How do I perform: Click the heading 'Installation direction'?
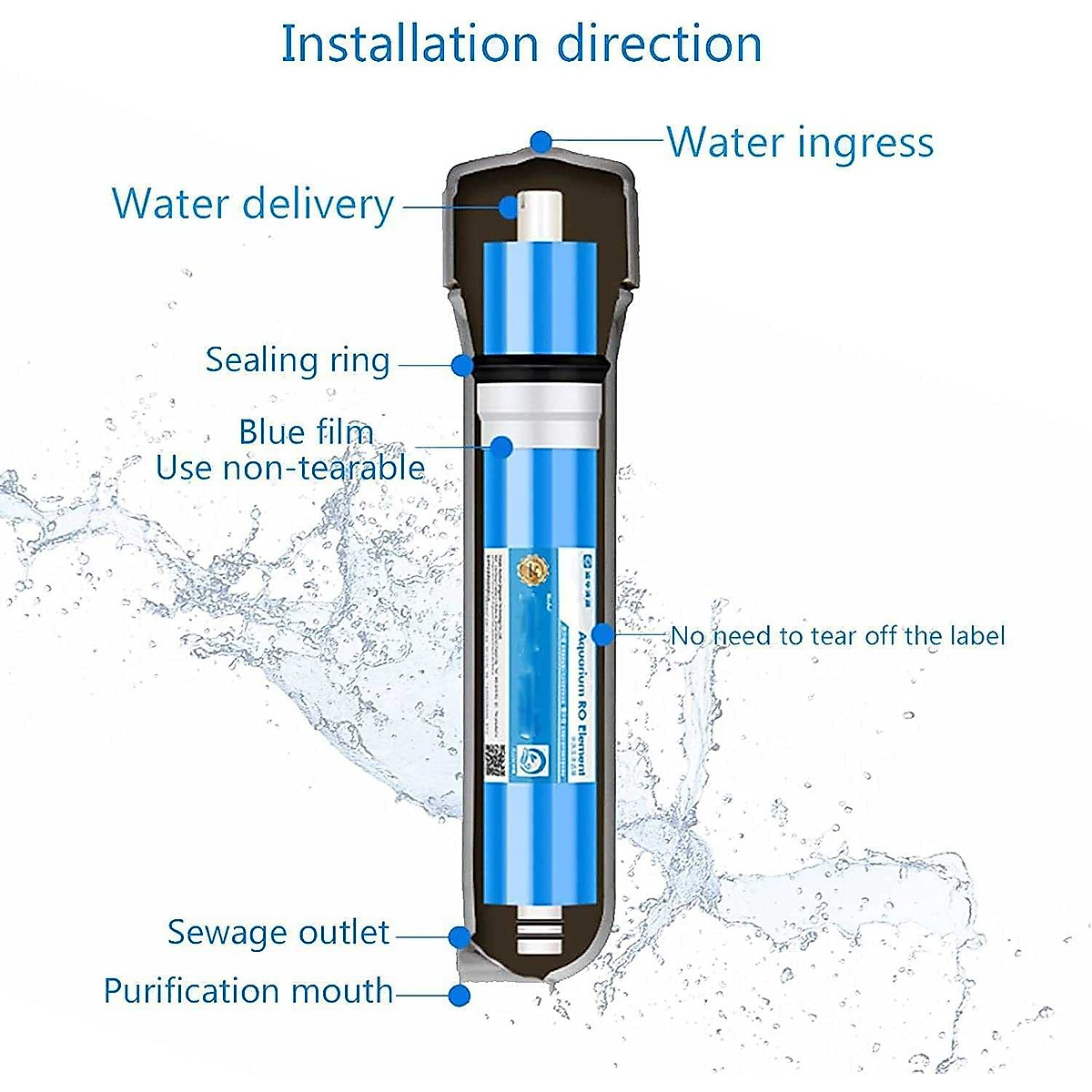click(x=521, y=44)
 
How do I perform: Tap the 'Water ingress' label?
click(x=800, y=142)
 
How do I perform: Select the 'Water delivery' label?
click(x=252, y=203)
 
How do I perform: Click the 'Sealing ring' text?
click(x=297, y=359)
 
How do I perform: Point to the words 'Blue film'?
click(x=306, y=431)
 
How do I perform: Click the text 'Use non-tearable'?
click(x=290, y=468)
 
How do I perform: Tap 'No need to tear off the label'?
click(x=837, y=635)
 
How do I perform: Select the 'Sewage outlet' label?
click(x=278, y=932)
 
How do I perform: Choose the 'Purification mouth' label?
click(x=248, y=991)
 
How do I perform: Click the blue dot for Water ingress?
click(x=541, y=141)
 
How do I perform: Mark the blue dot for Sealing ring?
click(x=463, y=365)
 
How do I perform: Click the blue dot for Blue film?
click(x=501, y=446)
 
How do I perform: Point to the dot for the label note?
click(x=602, y=634)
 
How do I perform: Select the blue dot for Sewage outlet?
click(x=460, y=935)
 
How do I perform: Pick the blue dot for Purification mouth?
click(x=460, y=996)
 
